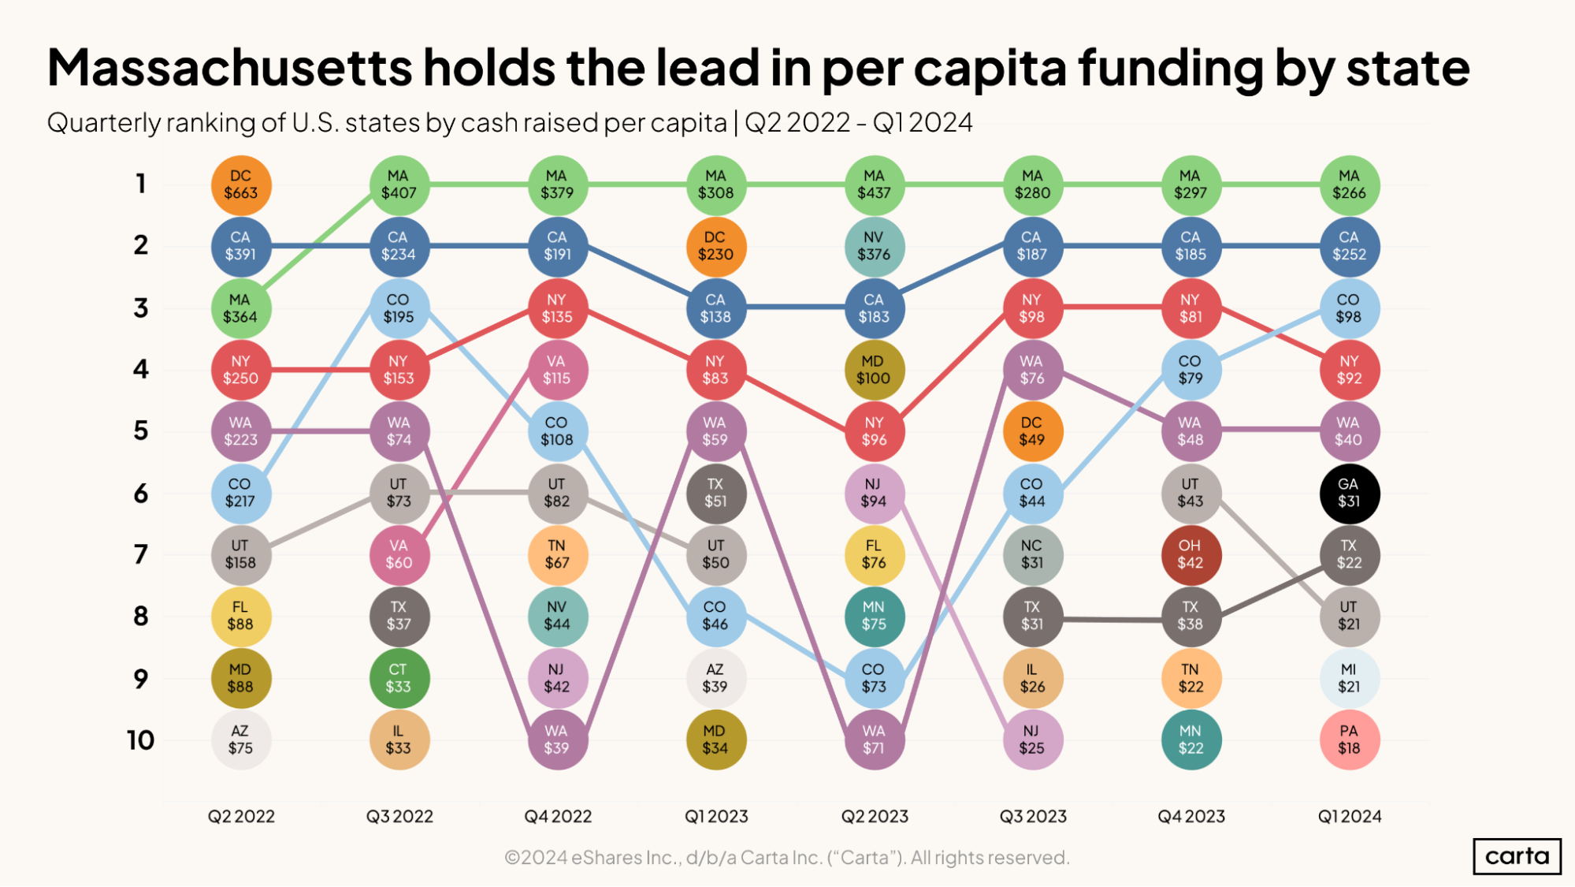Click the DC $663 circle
(x=241, y=185)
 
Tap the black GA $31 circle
(x=1349, y=494)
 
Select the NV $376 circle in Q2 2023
(x=874, y=247)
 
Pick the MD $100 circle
(x=874, y=370)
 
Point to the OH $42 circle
(x=1191, y=555)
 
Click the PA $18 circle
(x=1349, y=740)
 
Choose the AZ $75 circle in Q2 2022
(x=241, y=740)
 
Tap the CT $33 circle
(x=399, y=678)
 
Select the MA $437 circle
(x=874, y=185)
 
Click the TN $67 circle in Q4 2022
(x=557, y=555)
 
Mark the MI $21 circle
(x=1349, y=678)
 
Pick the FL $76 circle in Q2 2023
(x=874, y=555)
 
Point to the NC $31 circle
(x=1032, y=555)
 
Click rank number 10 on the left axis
(x=140, y=740)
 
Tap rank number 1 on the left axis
(x=141, y=184)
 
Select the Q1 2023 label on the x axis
(x=716, y=817)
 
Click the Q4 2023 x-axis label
(x=1191, y=817)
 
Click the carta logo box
(x=1517, y=856)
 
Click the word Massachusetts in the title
(x=229, y=68)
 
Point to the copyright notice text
(x=786, y=858)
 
